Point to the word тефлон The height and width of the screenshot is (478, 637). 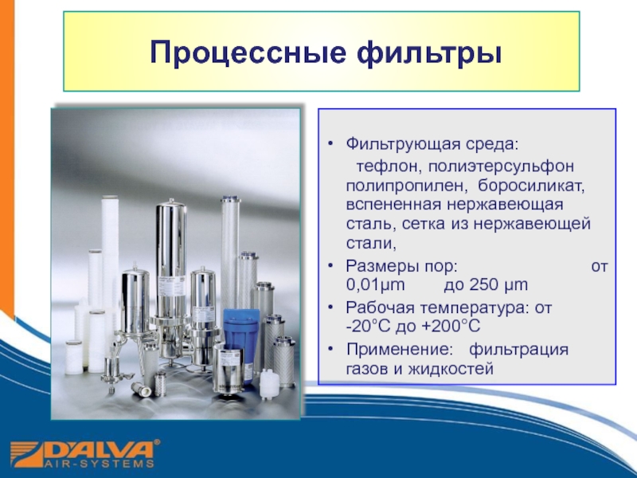pyautogui.click(x=389, y=166)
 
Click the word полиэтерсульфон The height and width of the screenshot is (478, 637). pyautogui.click(x=501, y=167)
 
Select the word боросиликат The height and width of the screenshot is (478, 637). pyautogui.click(x=531, y=186)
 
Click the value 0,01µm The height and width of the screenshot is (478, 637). pyautogui.click(x=375, y=285)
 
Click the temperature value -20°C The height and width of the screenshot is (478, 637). pyautogui.click(x=368, y=326)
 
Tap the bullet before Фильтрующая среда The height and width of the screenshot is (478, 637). pyautogui.click(x=331, y=144)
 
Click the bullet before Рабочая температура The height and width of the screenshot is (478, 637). pyautogui.click(x=331, y=308)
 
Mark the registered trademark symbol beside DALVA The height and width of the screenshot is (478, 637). pyautogui.click(x=157, y=442)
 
